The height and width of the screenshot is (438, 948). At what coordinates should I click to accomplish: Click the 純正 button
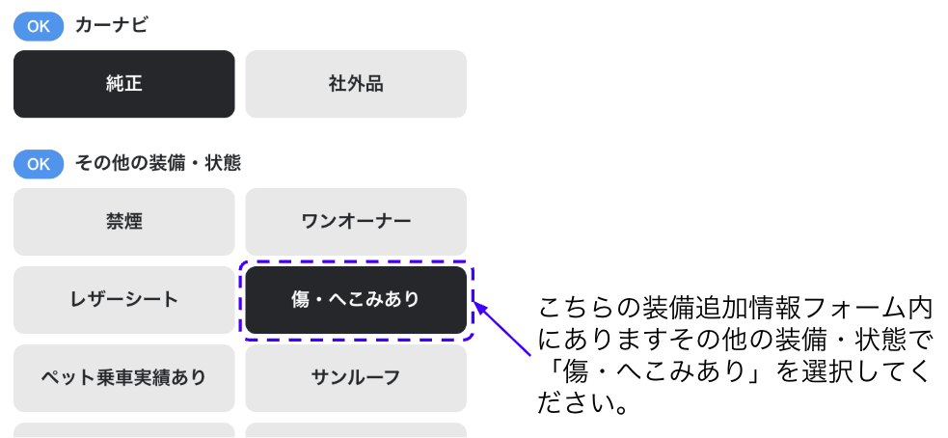pos(124,84)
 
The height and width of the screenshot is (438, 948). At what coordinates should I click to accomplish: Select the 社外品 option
pos(356,84)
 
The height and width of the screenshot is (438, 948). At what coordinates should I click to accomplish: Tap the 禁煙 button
pos(124,222)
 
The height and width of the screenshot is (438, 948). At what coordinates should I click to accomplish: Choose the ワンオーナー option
pos(356,222)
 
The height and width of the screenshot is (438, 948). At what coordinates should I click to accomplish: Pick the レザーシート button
pos(124,299)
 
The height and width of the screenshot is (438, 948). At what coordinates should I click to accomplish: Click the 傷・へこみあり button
pos(356,299)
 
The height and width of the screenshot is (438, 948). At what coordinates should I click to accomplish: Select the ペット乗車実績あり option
pos(124,377)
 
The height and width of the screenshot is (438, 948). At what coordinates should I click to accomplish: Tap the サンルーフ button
pos(356,377)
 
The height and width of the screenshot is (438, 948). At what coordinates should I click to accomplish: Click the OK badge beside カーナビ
pos(39,26)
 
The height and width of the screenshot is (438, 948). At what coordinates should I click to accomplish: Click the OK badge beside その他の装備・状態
pos(39,164)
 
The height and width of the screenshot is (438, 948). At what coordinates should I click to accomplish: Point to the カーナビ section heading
pos(111,26)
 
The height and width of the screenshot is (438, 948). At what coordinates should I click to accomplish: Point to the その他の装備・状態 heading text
pos(158,164)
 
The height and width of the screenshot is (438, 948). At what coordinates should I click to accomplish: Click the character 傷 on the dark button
pos(301,300)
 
